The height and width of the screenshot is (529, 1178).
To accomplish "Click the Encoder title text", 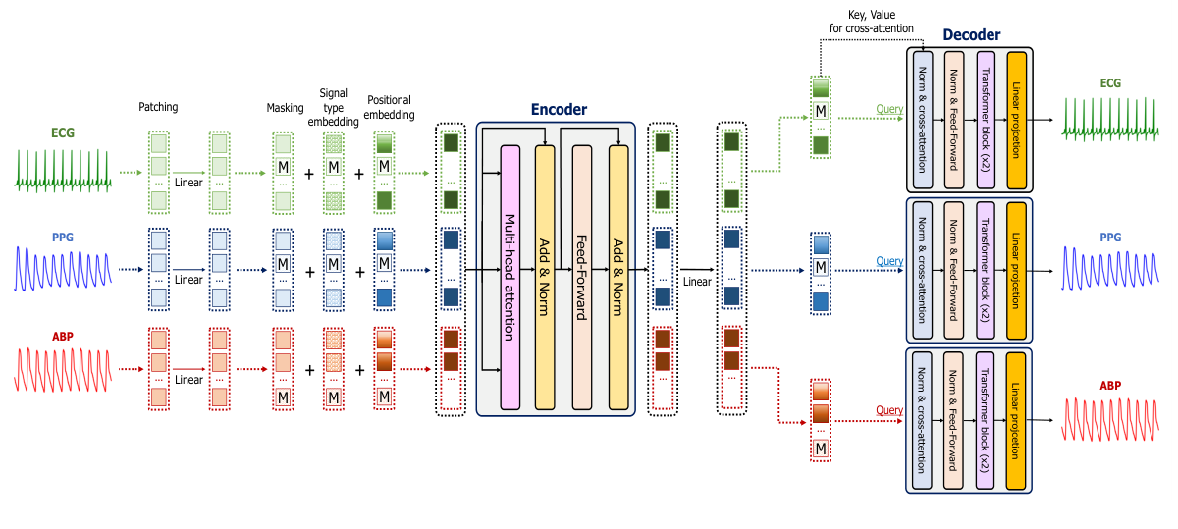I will pos(559,110).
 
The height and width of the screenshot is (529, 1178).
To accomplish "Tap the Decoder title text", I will pos(971,35).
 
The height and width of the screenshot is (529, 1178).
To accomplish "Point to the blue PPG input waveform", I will pos(63,267).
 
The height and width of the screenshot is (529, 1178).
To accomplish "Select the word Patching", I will pos(158,107).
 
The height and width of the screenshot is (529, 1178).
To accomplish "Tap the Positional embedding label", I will pos(389,107).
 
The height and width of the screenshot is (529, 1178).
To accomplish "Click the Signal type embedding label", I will pos(333,107).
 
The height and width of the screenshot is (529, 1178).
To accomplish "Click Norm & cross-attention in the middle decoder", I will pos(922,268).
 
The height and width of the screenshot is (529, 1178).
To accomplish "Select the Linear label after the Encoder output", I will pos(697,282).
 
